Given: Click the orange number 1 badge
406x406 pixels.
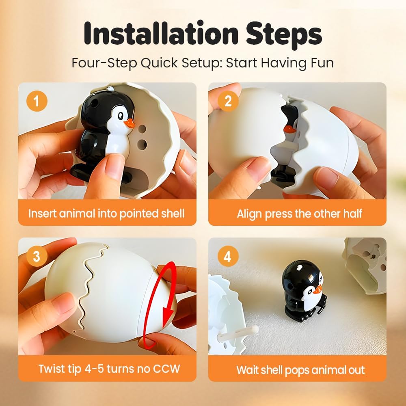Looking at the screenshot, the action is pos(37,101).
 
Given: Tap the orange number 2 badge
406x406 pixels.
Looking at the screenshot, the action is pos(228,101).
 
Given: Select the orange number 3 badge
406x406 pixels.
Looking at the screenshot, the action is pos(37,256).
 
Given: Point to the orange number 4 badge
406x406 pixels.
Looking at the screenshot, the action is pos(228,256).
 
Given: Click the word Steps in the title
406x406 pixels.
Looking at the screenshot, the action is pos(284,35).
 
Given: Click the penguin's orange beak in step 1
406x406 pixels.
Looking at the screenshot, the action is pos(129,123).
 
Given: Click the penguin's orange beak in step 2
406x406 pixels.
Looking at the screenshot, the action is pos(290,129).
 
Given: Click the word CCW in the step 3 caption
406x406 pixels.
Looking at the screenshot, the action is pos(166,369).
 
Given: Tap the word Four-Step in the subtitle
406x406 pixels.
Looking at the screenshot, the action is pos(104,63).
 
